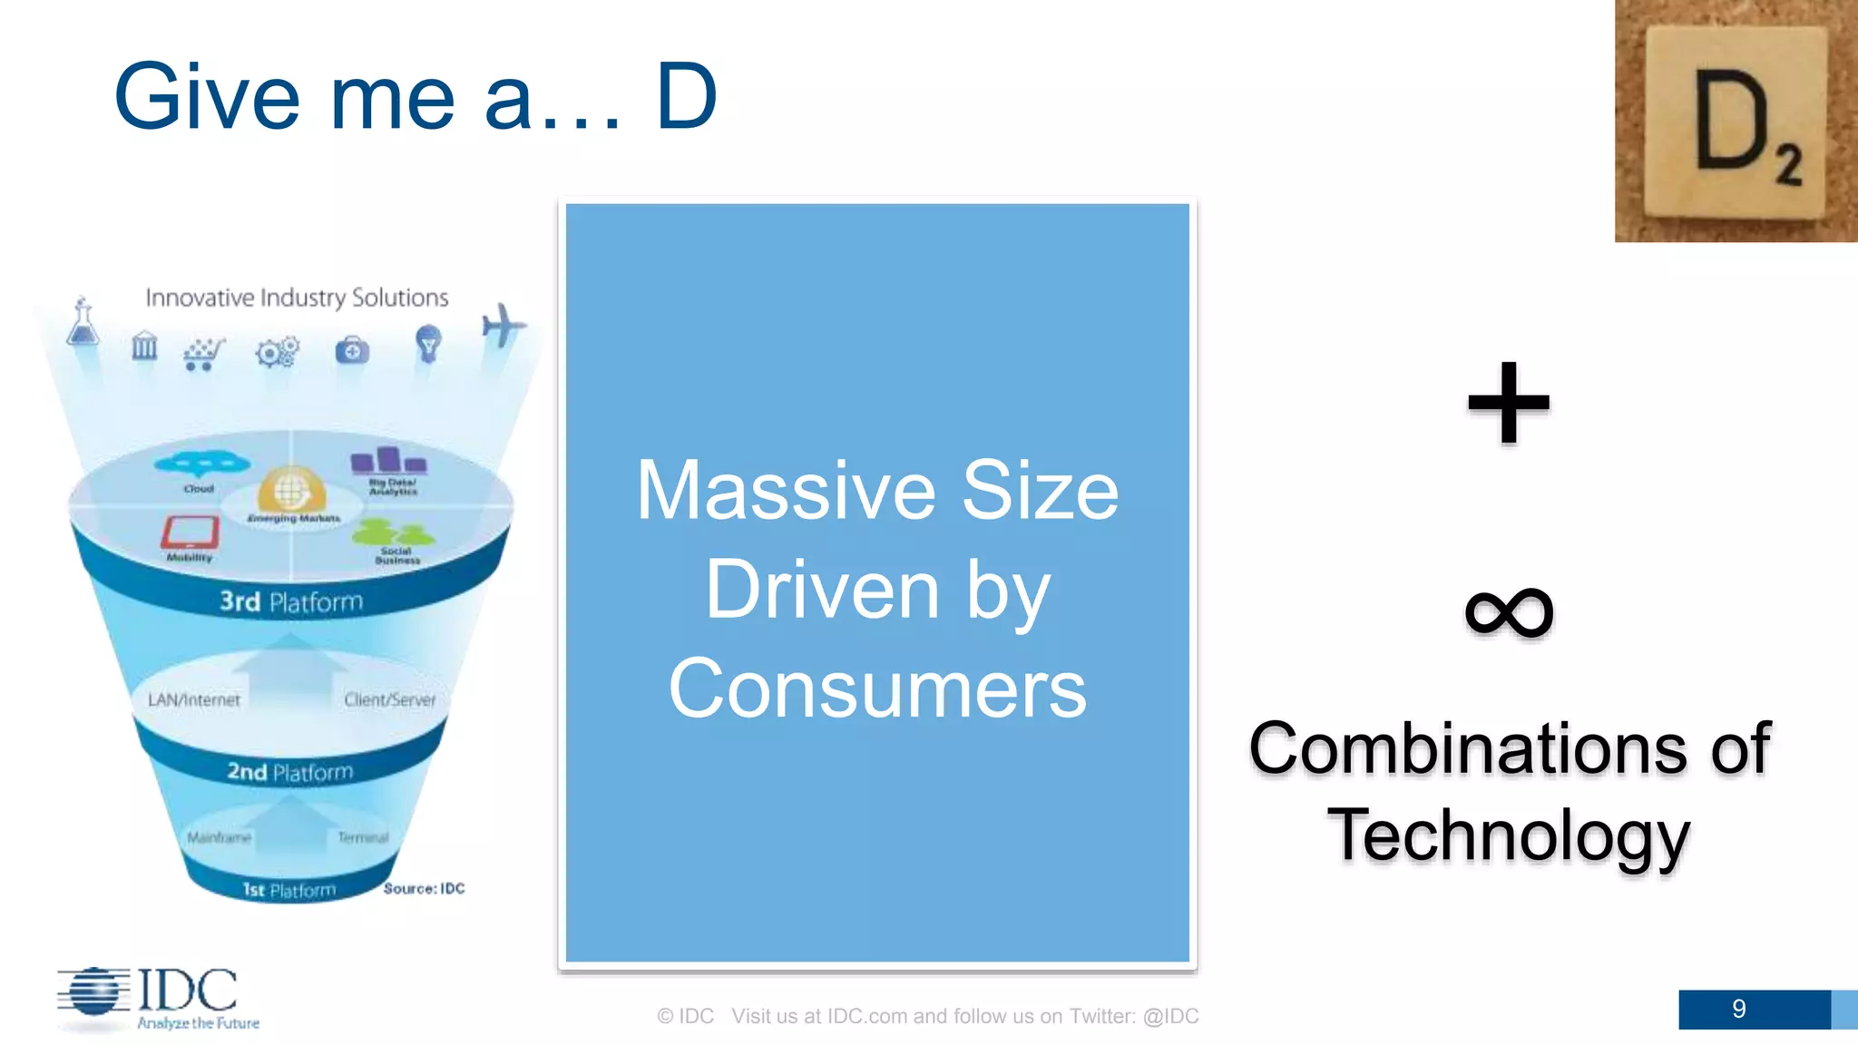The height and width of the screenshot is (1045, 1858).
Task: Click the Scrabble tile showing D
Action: pos(1736,122)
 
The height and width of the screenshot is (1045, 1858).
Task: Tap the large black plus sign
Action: pos(1509,403)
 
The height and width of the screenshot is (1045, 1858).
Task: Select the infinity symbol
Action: pos(1509,611)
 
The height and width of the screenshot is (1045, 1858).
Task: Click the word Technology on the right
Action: pos(1509,835)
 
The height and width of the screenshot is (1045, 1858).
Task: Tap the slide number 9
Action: pos(1738,1009)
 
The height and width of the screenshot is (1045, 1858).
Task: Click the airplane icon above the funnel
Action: pos(503,326)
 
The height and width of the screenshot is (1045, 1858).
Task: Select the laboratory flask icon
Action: pos(83,324)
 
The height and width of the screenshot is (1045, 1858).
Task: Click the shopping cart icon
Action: pos(203,353)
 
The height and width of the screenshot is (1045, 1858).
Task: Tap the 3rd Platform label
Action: pos(291,601)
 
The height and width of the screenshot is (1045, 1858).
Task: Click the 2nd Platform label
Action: pos(289,772)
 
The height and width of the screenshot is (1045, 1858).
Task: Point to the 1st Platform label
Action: pos(288,890)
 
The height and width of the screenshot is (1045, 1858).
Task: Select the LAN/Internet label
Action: pos(194,699)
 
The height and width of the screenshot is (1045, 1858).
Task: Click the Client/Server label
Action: pos(389,699)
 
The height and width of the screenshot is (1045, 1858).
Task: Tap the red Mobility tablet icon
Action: pos(191,533)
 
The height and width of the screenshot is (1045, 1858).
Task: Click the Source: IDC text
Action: pos(424,888)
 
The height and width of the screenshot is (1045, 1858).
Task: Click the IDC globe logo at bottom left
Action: pos(93,992)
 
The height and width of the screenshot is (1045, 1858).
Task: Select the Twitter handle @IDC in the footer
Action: pos(1170,1016)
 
